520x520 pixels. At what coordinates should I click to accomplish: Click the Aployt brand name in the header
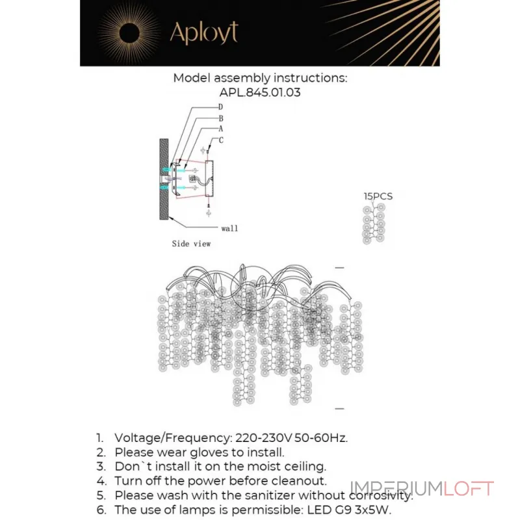point(203,32)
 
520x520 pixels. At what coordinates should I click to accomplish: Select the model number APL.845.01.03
point(260,92)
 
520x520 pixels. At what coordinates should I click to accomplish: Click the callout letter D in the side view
point(221,107)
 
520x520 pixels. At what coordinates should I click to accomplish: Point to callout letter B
point(221,118)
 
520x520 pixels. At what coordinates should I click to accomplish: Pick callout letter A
point(221,129)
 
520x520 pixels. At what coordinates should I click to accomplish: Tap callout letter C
point(221,140)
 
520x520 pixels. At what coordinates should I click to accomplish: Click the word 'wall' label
point(229,228)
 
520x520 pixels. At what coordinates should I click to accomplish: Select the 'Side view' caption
point(191,244)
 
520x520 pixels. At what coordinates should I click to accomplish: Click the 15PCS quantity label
point(378,196)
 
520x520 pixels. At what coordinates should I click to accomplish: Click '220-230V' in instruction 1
point(257,437)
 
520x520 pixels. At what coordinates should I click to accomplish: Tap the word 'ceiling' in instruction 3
point(304,466)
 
